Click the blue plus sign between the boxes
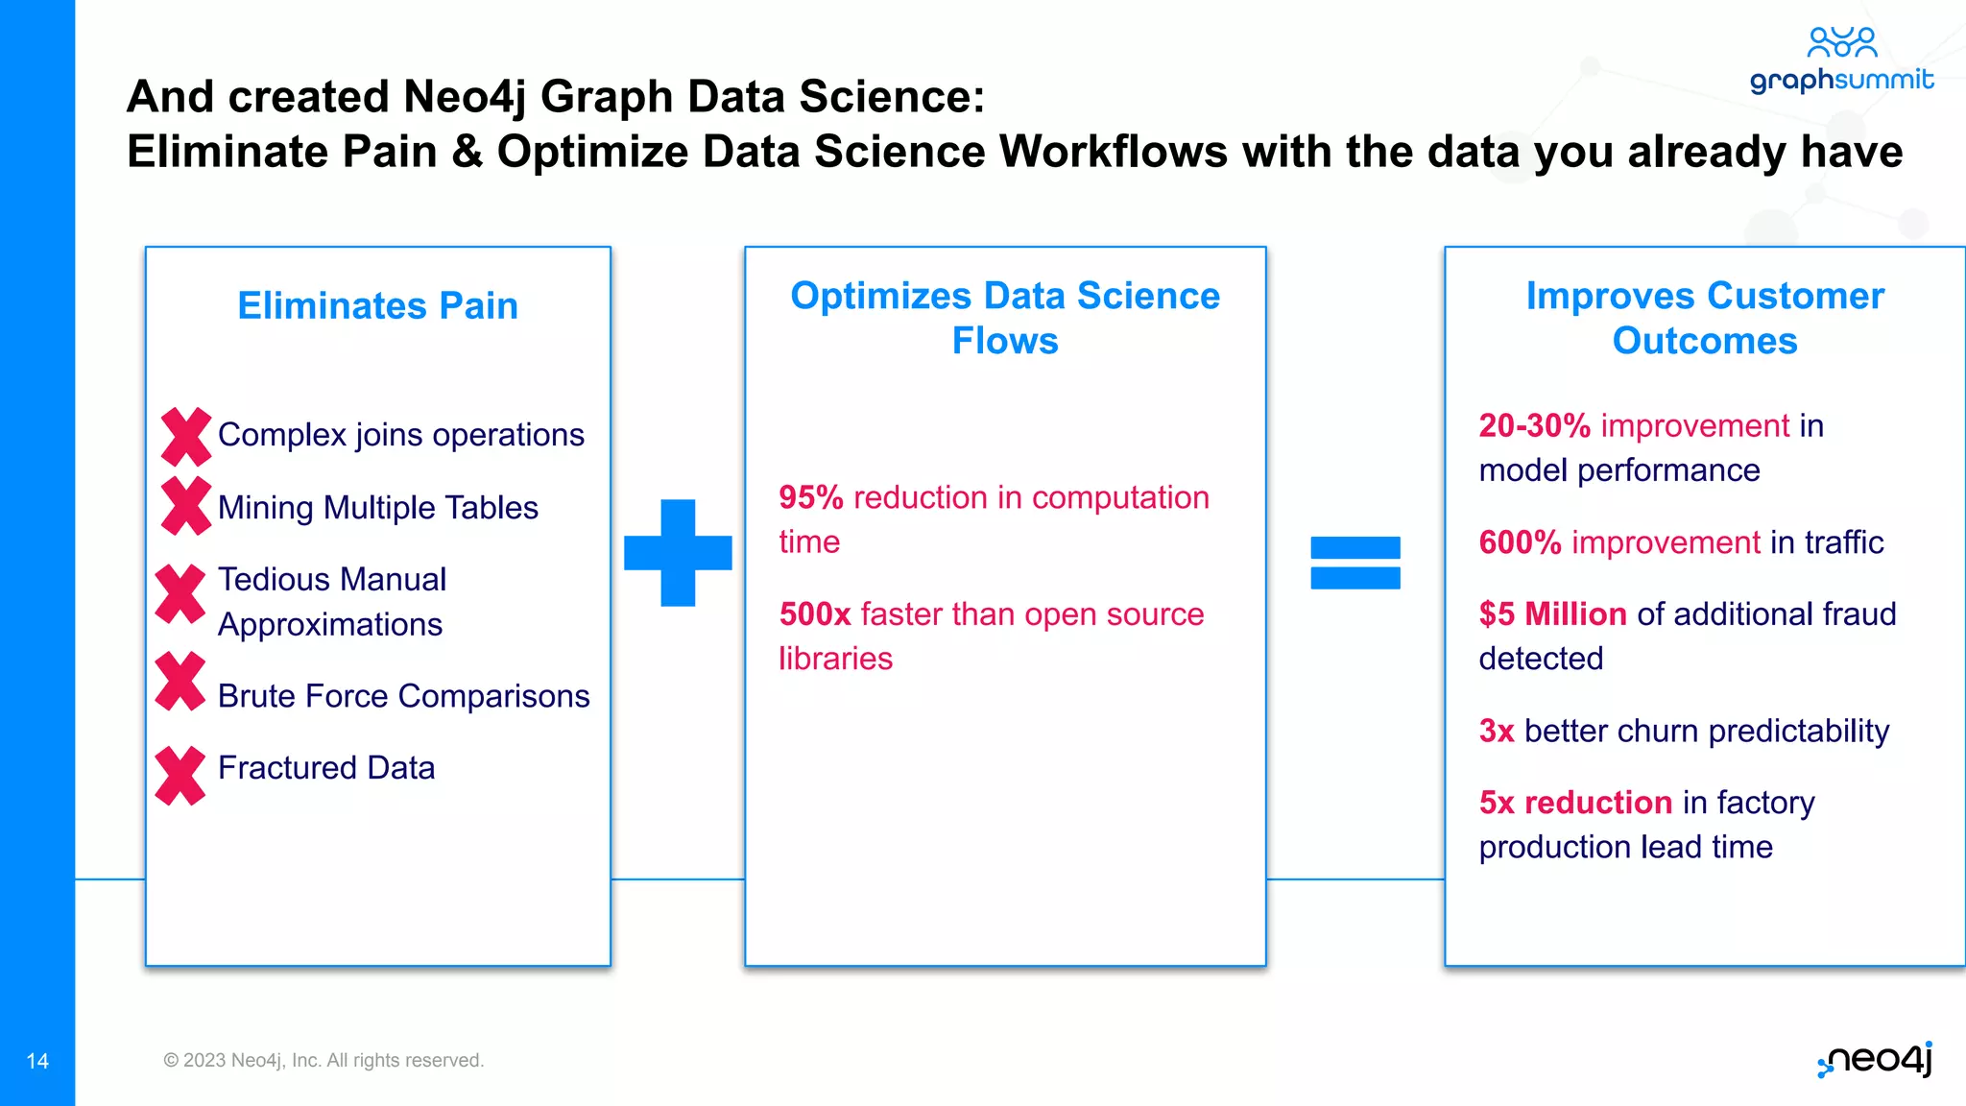coord(678,553)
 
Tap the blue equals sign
coord(1355,563)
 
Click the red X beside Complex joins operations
coord(186,437)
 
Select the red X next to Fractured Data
coord(180,775)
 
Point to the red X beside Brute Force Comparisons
coord(180,682)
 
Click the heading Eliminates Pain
coord(377,305)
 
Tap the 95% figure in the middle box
coord(810,497)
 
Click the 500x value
coord(814,613)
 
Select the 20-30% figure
coord(1534,425)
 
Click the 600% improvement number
coord(1520,542)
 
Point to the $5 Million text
coord(1552,613)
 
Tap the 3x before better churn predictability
coord(1496,731)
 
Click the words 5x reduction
coord(1575,802)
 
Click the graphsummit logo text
coord(1841,79)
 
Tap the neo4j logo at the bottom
coord(1877,1059)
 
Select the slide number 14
coord(37,1061)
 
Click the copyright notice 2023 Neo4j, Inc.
coord(324,1060)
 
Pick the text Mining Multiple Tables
coord(378,507)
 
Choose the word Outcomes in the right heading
coord(1704,341)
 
